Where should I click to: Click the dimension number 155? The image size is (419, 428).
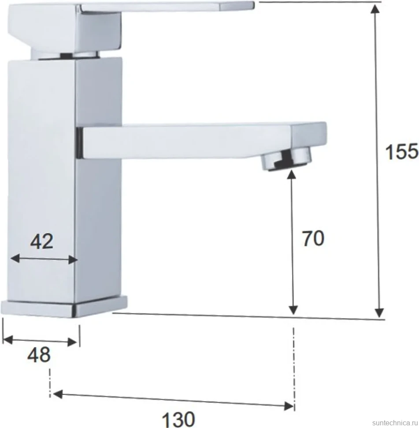(x=401, y=152)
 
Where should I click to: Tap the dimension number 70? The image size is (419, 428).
(x=313, y=239)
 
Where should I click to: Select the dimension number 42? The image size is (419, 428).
(x=41, y=241)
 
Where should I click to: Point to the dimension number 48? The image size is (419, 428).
(x=39, y=355)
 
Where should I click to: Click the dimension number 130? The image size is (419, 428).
(x=178, y=419)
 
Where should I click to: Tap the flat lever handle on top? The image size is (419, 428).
(x=131, y=26)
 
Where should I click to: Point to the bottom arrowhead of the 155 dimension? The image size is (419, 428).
(x=379, y=313)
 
